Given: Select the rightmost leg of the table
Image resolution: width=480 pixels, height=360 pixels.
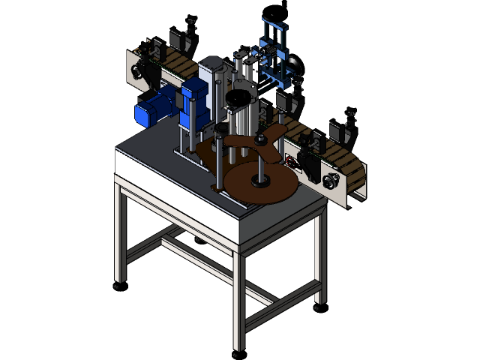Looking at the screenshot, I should tap(320, 259).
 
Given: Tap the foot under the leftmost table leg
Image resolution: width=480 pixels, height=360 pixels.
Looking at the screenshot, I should tap(117, 286).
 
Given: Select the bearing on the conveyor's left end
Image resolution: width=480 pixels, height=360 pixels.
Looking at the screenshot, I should tap(137, 72).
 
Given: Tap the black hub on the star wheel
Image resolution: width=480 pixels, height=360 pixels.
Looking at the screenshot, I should tap(261, 138).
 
